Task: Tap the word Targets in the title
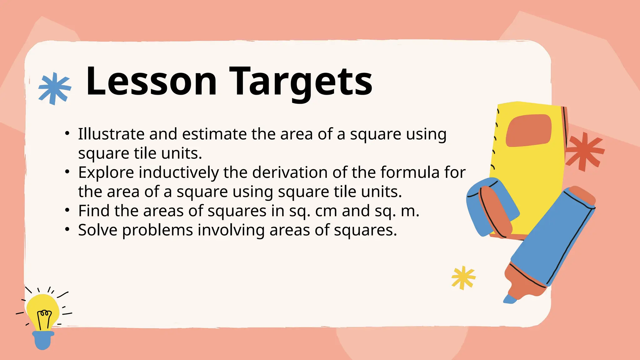[x=301, y=82]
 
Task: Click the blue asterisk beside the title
[x=54, y=88]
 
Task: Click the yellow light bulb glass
[x=43, y=311]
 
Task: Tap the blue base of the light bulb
[x=43, y=340]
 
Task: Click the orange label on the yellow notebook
[x=528, y=130]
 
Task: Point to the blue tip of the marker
[x=510, y=299]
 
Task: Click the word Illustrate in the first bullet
[x=111, y=134]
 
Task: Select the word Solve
[x=97, y=230]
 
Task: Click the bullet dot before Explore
[x=67, y=172]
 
